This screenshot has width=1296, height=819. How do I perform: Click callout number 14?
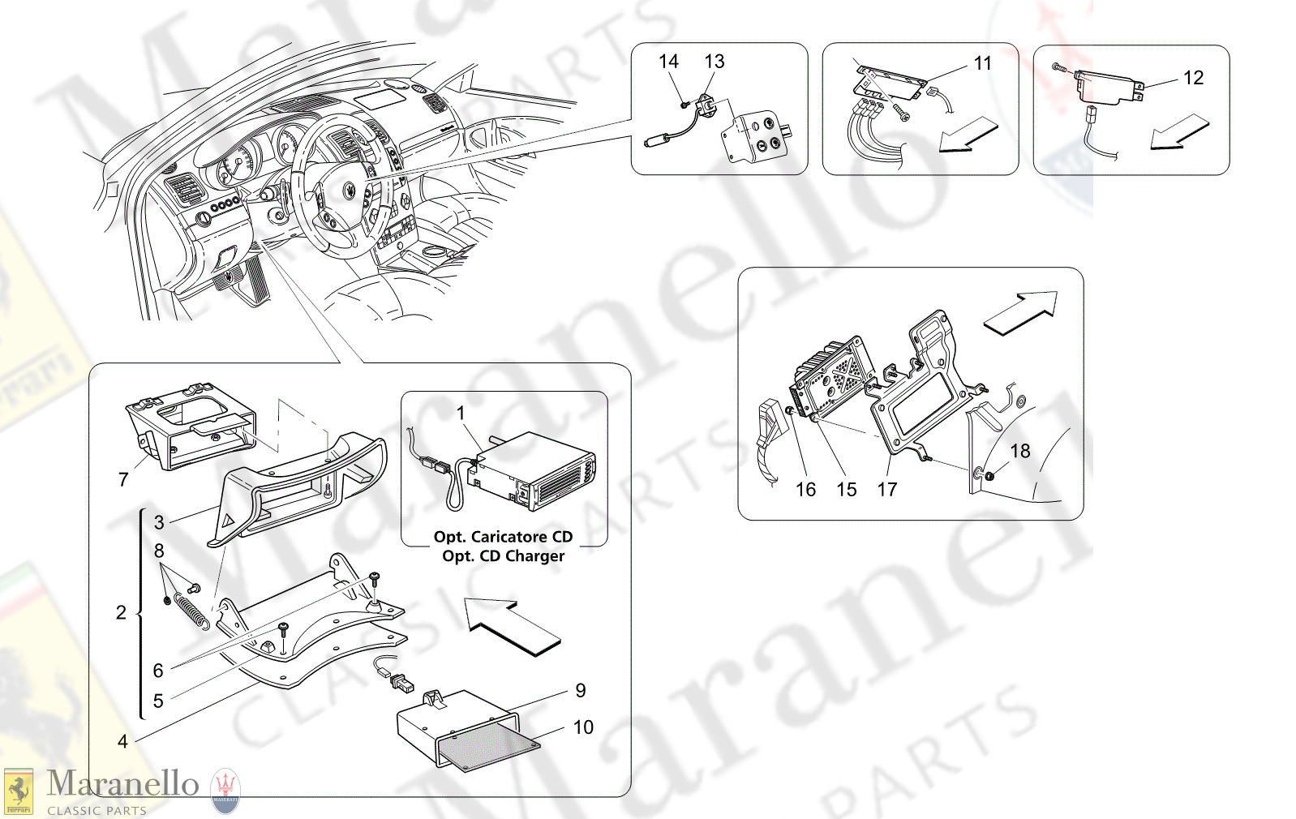pyautogui.click(x=668, y=62)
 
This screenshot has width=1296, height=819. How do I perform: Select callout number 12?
pyautogui.click(x=1193, y=78)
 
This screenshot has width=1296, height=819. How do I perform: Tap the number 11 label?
pyautogui.click(x=982, y=63)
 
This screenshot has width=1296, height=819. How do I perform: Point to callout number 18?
pyautogui.click(x=1019, y=451)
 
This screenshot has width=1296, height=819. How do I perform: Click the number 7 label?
pyautogui.click(x=123, y=480)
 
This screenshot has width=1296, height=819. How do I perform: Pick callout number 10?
pyautogui.click(x=583, y=727)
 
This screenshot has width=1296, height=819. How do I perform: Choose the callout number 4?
pyautogui.click(x=122, y=741)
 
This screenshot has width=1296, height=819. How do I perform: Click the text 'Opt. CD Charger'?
pyautogui.click(x=503, y=556)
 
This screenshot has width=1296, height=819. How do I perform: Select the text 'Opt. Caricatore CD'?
pyautogui.click(x=503, y=537)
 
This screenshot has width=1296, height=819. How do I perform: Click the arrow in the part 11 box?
pyautogui.click(x=968, y=135)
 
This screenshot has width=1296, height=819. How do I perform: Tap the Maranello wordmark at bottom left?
pyautogui.click(x=122, y=784)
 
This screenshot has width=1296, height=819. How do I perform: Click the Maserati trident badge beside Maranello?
pyautogui.click(x=225, y=791)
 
